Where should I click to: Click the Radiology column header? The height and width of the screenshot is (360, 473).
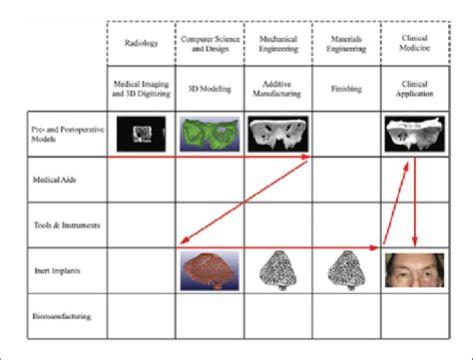(141, 44)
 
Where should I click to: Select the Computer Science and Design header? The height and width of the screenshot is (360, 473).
(210, 44)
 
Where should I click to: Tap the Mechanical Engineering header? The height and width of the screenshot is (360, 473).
(277, 44)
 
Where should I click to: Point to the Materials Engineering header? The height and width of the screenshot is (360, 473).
(345, 44)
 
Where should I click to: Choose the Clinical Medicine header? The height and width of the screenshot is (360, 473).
(414, 44)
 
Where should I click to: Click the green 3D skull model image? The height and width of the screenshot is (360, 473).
(210, 133)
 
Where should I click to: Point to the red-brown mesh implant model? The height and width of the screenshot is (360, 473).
(209, 271)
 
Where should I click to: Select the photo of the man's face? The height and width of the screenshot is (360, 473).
(413, 269)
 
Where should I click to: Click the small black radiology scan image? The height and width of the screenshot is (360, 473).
(139, 130)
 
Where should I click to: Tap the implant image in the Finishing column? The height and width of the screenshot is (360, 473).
(345, 272)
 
